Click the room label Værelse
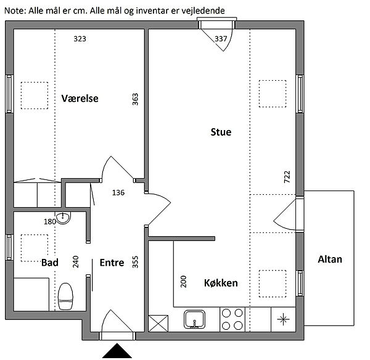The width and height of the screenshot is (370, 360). [x=80, y=98]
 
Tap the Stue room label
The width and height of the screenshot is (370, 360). [x=221, y=132]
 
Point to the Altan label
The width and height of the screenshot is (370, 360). [x=330, y=260]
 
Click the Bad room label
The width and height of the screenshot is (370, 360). [x=50, y=263]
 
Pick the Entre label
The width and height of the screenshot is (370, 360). [x=112, y=263]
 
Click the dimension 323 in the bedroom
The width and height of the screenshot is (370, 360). [x=80, y=39]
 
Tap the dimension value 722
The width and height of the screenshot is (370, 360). [x=287, y=178]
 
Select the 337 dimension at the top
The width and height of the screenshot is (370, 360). [x=221, y=39]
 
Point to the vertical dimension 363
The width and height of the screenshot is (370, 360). [x=136, y=99]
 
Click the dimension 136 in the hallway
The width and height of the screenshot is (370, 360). [x=118, y=192]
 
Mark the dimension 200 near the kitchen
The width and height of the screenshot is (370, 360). [x=183, y=282]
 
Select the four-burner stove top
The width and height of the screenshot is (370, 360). [x=232, y=319]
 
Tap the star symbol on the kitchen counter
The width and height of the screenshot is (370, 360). [x=283, y=319]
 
